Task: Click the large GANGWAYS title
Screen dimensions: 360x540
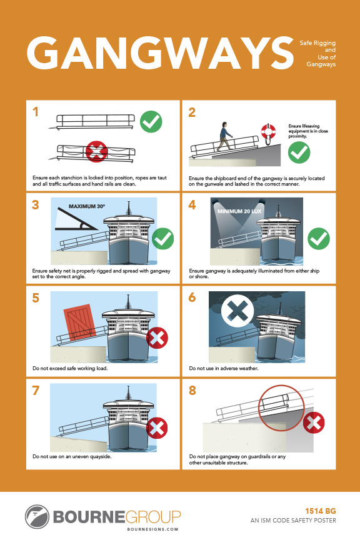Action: click(160, 53)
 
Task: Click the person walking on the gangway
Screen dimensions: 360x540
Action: click(224, 136)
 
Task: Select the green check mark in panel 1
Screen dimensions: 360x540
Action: click(151, 122)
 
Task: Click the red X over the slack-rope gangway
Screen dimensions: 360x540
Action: click(96, 151)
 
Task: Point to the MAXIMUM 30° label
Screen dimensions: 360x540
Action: click(87, 206)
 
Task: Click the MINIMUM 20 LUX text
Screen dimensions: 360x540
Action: click(239, 211)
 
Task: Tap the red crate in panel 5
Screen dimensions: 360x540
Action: click(79, 322)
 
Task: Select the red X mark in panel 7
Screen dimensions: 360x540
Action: click(157, 427)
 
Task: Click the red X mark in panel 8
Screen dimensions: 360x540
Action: click(314, 422)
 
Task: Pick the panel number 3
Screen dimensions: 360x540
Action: click(36, 205)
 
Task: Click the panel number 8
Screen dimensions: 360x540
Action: click(192, 391)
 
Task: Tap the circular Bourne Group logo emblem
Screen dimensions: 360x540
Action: click(37, 517)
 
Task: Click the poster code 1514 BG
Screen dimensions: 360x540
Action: click(321, 511)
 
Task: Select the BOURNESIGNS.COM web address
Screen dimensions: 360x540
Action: click(152, 529)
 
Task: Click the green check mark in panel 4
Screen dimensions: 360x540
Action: click(319, 238)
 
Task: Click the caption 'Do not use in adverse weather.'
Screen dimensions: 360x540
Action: click(224, 368)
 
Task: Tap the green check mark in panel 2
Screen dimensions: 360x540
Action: click(299, 152)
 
